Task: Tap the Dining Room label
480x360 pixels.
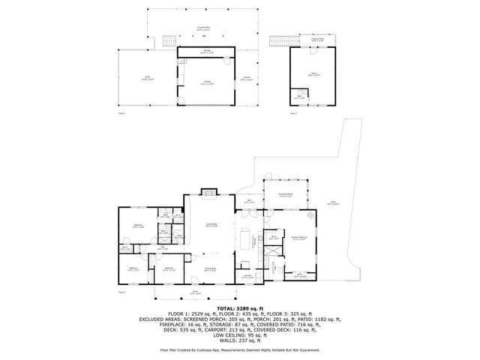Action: (x=210, y=268)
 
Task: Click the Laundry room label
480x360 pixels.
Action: (x=247, y=276)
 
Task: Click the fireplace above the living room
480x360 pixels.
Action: (x=209, y=193)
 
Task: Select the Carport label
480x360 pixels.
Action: (x=246, y=77)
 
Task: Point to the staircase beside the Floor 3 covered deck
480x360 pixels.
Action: (x=283, y=40)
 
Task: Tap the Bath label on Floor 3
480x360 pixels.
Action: (x=298, y=97)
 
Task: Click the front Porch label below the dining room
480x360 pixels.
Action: (x=195, y=292)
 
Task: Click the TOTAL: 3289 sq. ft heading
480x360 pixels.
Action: (x=239, y=308)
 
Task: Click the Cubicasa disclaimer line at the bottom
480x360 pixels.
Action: (x=239, y=349)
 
